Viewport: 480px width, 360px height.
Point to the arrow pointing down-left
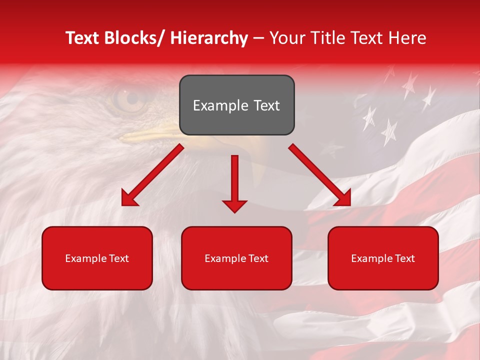[x=152, y=175]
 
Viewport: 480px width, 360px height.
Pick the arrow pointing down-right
[x=320, y=175]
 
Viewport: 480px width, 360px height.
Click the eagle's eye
[x=128, y=98]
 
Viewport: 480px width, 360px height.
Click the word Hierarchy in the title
[x=209, y=38]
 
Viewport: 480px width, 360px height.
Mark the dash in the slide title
[x=258, y=38]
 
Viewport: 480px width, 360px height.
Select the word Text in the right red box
[x=404, y=258]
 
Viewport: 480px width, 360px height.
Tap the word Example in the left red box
[x=83, y=258]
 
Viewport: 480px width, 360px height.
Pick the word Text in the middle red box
[x=258, y=258]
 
